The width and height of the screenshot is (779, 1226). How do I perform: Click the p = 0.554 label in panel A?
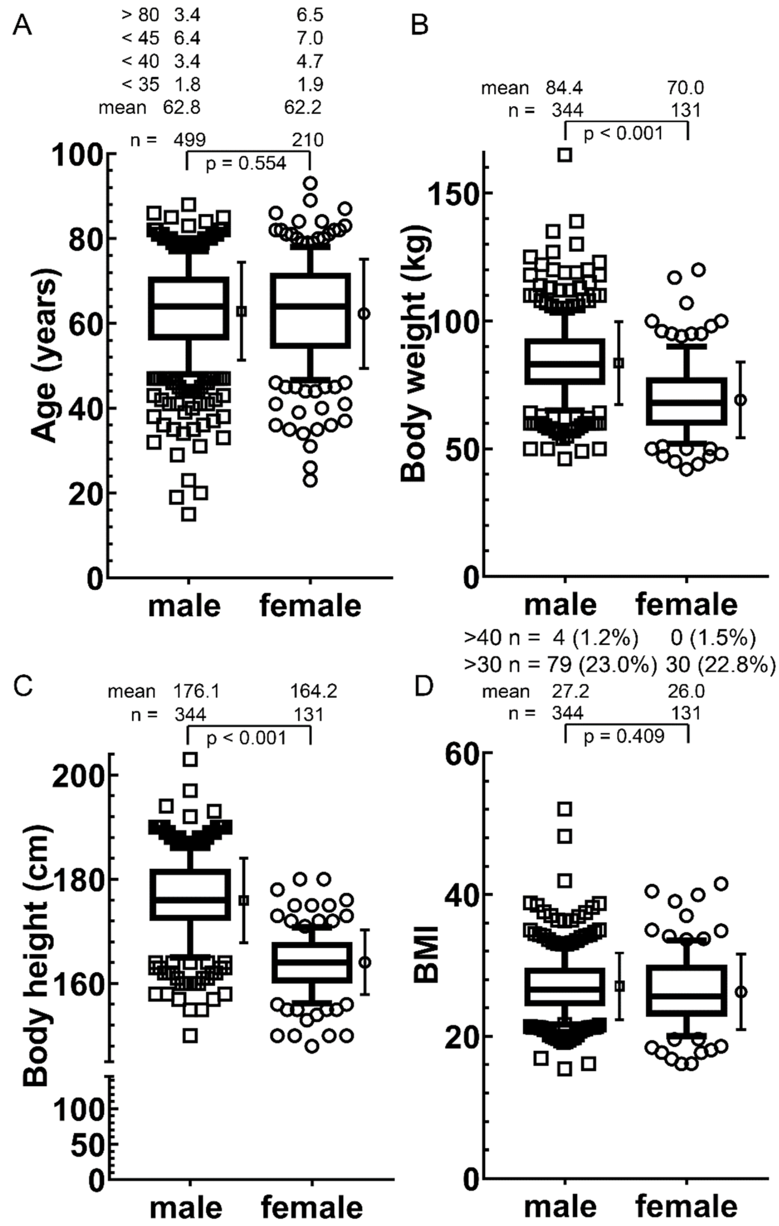(x=246, y=164)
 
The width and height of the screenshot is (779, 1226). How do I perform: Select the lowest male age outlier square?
(x=189, y=514)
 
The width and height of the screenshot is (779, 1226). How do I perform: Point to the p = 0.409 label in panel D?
(x=624, y=737)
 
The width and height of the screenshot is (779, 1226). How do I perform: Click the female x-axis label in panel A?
(x=310, y=606)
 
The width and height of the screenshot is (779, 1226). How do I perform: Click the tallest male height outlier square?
(x=190, y=760)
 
